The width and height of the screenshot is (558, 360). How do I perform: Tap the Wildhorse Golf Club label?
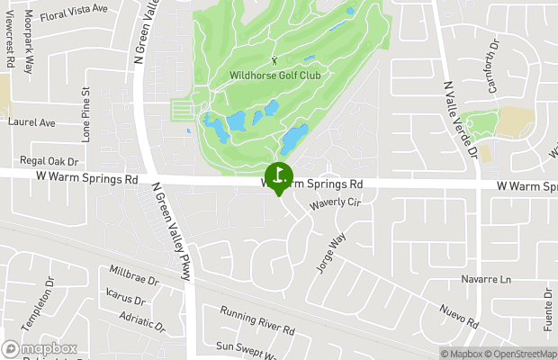click(275, 76)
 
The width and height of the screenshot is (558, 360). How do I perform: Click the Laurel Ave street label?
click(31, 121)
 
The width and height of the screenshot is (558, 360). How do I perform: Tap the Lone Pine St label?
click(86, 114)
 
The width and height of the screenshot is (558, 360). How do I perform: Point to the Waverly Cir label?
click(335, 205)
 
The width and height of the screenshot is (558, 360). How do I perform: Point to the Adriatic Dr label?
click(141, 322)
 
